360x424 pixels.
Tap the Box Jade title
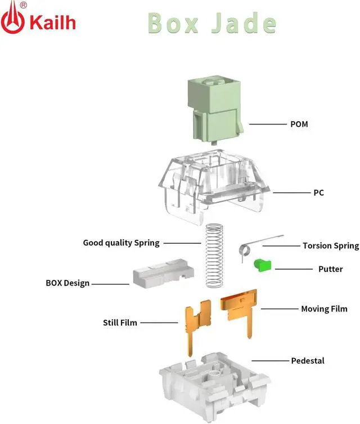pyautogui.click(x=211, y=23)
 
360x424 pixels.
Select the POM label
pyautogui.click(x=299, y=124)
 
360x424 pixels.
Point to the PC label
pyautogui.click(x=318, y=193)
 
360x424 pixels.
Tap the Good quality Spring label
pyautogui.click(x=121, y=243)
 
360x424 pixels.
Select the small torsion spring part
pyautogui.click(x=253, y=246)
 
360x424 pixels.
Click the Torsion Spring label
pyautogui.click(x=330, y=246)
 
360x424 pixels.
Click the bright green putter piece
pyautogui.click(x=262, y=264)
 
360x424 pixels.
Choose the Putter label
pyautogui.click(x=330, y=269)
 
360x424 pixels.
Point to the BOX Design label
pyautogui.click(x=67, y=283)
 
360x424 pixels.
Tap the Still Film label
pyautogui.click(x=120, y=323)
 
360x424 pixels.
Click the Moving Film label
pyautogui.click(x=324, y=309)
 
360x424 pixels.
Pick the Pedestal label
pyautogui.click(x=308, y=360)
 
